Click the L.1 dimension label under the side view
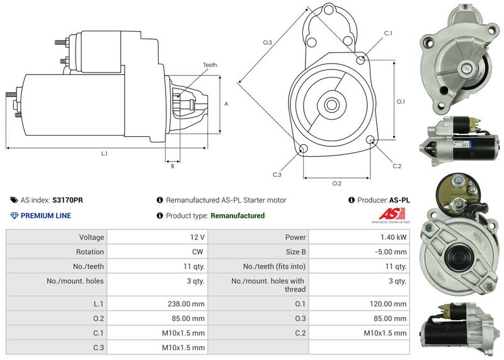tap(104, 153)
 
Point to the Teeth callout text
tap(210, 65)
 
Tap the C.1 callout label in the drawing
tap(388, 33)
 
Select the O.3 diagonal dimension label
tap(267, 42)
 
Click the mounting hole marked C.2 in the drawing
tap(370, 140)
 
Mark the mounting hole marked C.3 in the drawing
tap(304, 149)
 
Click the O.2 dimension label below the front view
tap(337, 183)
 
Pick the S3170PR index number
tap(67, 200)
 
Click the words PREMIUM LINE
tap(45, 216)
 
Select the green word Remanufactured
tap(238, 216)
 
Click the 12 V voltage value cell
tap(197, 237)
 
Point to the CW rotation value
tap(198, 252)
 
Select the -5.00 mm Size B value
tap(391, 252)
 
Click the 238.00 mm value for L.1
tap(186, 304)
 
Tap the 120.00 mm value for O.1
tap(388, 304)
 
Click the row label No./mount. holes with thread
tap(268, 285)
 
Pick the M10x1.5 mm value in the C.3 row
tap(183, 347)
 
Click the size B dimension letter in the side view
tap(173, 166)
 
